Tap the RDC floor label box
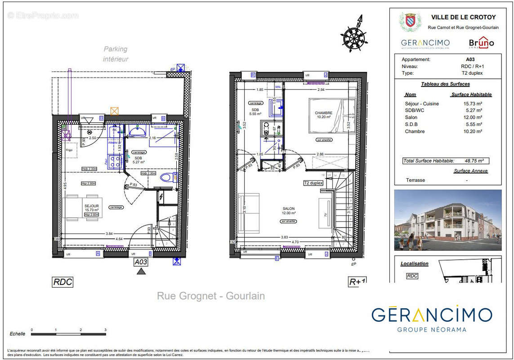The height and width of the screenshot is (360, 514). [x=63, y=282]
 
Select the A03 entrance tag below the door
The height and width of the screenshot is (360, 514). [x=141, y=261]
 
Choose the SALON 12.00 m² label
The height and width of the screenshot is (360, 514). [x=288, y=211]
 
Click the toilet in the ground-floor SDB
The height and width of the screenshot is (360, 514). [x=166, y=177]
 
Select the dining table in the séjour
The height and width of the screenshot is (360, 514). [x=81, y=207]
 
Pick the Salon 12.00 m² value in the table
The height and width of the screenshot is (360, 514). [x=474, y=117]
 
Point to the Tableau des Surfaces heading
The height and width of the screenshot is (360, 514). [x=445, y=84]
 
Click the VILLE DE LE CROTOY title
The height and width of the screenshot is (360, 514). [x=463, y=18]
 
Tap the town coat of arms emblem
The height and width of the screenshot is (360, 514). [x=410, y=21]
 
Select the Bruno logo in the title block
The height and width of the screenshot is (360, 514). [x=481, y=43]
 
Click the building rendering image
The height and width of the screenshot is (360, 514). [x=447, y=220]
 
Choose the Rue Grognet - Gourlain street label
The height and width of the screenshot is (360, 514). [x=210, y=296]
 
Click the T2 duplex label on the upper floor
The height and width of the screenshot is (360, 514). [x=313, y=183]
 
